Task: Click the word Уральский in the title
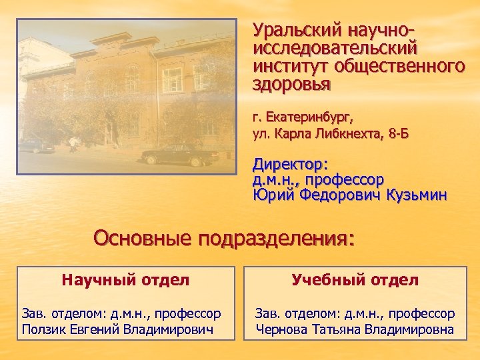293,31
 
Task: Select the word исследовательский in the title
335,49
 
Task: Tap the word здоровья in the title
291,85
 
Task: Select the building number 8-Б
397,134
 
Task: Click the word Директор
289,165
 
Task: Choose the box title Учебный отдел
355,280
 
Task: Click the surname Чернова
281,329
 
